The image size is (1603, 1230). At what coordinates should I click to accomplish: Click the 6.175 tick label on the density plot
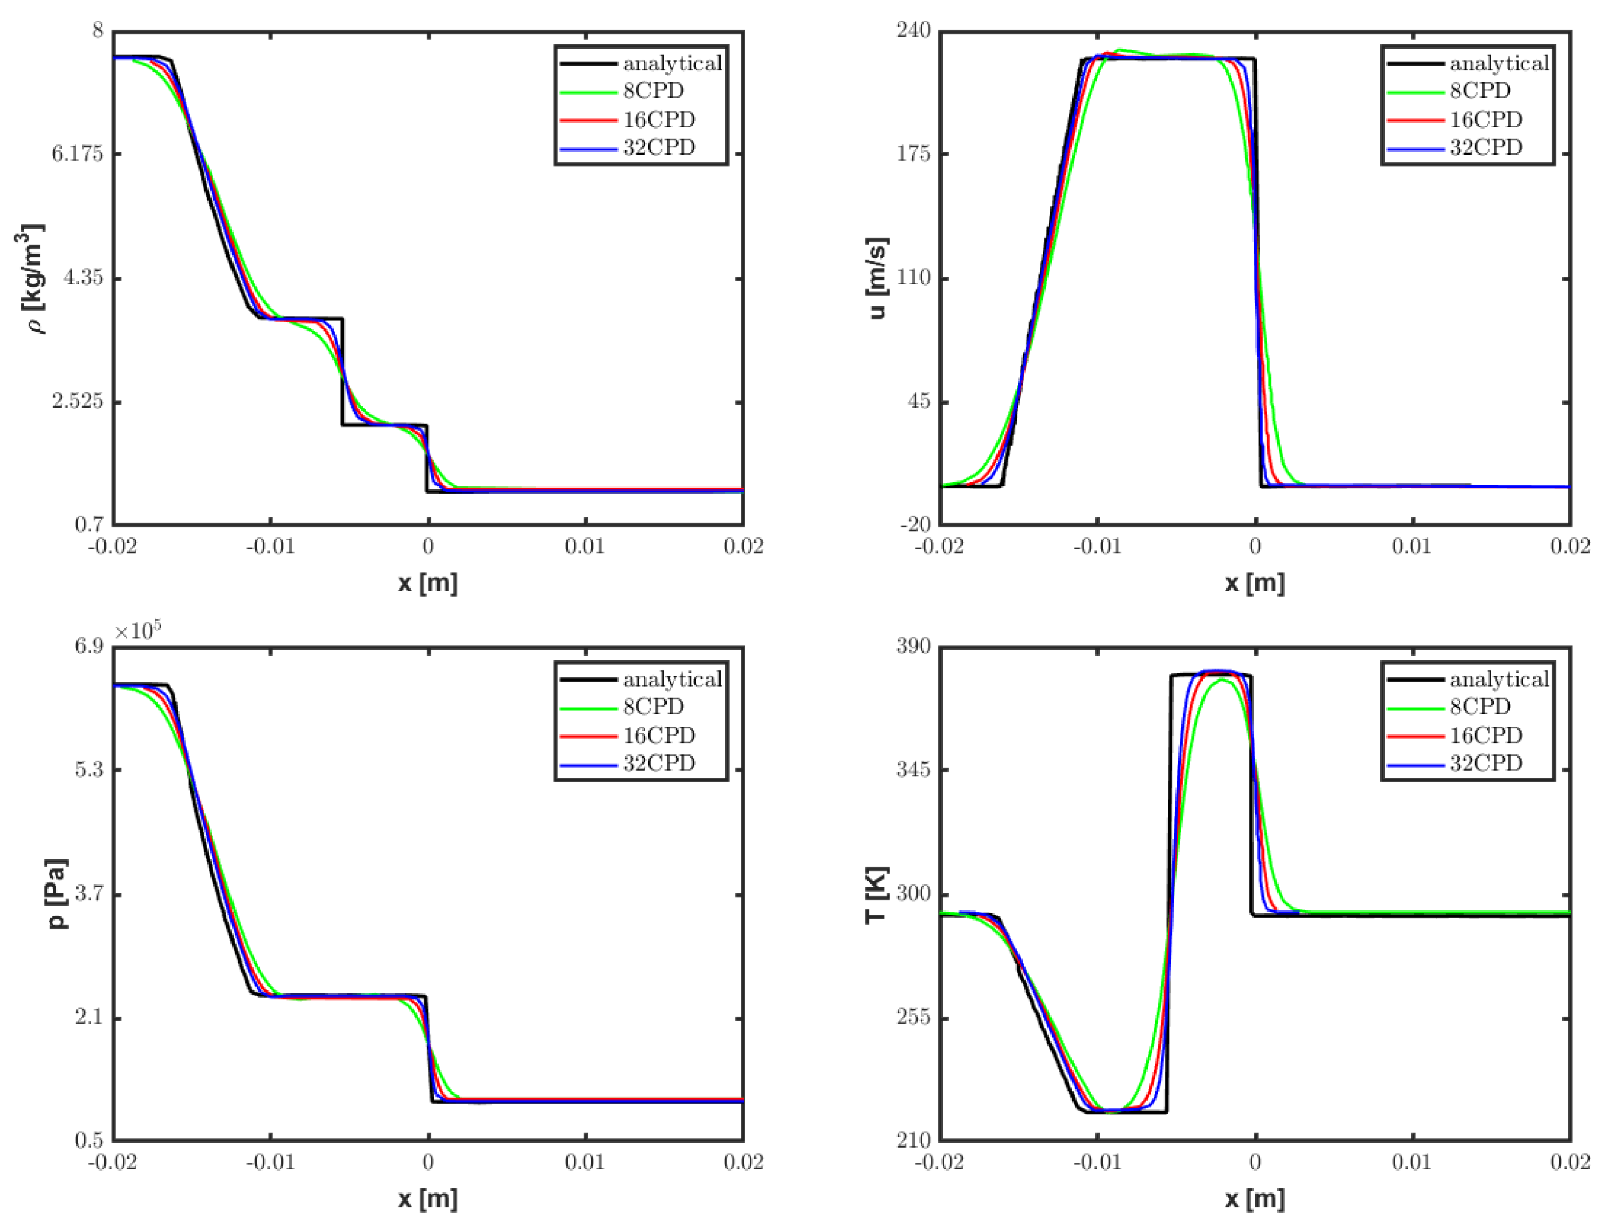pyautogui.click(x=77, y=155)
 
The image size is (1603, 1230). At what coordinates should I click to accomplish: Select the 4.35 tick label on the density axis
pyautogui.click(x=82, y=278)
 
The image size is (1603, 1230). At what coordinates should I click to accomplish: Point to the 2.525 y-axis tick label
pyautogui.click(x=77, y=402)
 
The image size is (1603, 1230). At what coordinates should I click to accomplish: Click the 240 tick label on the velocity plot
pyautogui.click(x=913, y=31)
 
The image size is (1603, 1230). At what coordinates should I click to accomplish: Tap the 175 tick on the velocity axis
pyautogui.click(x=913, y=155)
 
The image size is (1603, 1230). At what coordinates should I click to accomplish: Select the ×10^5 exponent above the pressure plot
pyautogui.click(x=138, y=630)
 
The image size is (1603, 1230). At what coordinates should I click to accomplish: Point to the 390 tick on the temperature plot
pyautogui.click(x=913, y=647)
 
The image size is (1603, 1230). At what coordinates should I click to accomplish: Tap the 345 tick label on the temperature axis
pyautogui.click(x=913, y=770)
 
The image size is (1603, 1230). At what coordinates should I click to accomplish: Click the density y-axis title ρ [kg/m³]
pyautogui.click(x=31, y=278)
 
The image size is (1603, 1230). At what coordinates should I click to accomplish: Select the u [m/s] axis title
pyautogui.click(x=877, y=278)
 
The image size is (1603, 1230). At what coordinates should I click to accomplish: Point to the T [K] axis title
pyautogui.click(x=877, y=894)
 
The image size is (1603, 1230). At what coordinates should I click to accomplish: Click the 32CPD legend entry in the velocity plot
pyautogui.click(x=1486, y=148)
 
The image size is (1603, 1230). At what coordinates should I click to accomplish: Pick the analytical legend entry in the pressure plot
pyautogui.click(x=672, y=679)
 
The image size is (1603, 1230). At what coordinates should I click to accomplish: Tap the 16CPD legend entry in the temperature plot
pyautogui.click(x=1486, y=735)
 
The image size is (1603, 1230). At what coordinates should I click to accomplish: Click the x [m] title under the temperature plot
pyautogui.click(x=1255, y=1198)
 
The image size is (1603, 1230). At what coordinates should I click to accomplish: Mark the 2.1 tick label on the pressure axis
pyautogui.click(x=89, y=1018)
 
